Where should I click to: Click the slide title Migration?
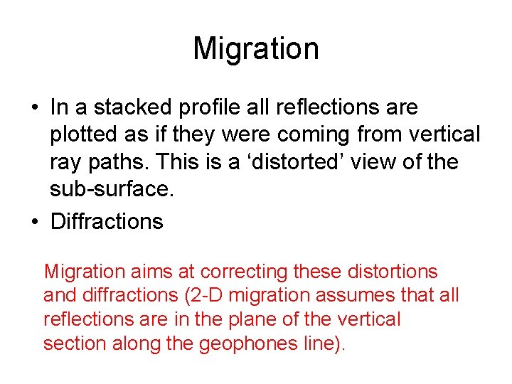tap(256, 49)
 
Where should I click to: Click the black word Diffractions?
tap(107, 221)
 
